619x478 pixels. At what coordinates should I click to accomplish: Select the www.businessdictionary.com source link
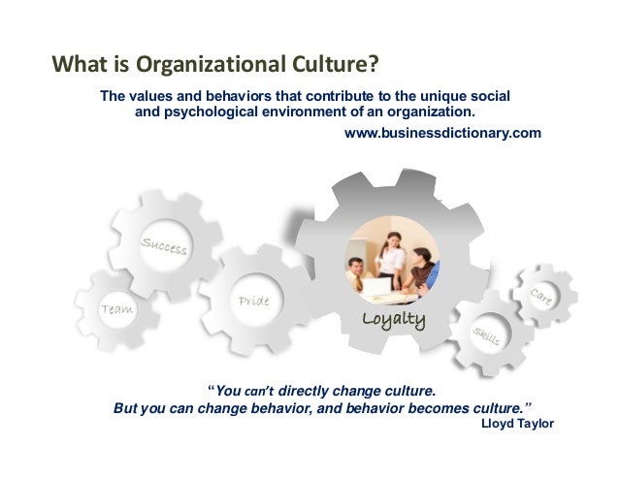click(442, 132)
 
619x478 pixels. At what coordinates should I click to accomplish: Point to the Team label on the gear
click(117, 308)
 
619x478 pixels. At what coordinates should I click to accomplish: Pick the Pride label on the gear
click(253, 302)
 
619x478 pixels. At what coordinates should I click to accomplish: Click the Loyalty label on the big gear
click(393, 319)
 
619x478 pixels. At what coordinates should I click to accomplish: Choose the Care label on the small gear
click(543, 298)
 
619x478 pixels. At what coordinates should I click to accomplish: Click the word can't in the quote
click(260, 393)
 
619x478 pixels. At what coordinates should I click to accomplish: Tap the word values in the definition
click(154, 97)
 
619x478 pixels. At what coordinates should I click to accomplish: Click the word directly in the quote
click(306, 392)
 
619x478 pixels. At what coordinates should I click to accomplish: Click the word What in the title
click(76, 67)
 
